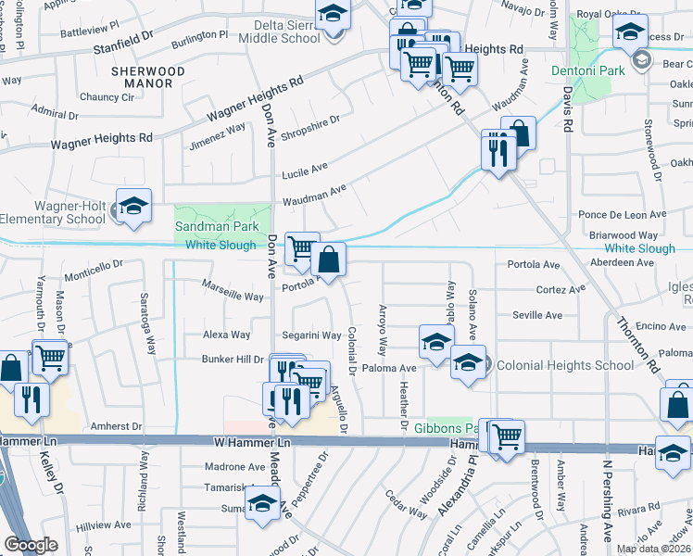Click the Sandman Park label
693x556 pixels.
[221, 226]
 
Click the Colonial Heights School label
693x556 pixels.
[565, 365]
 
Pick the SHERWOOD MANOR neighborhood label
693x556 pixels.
[142, 77]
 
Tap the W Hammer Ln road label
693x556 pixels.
[253, 444]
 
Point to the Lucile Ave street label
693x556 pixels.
[305, 169]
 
